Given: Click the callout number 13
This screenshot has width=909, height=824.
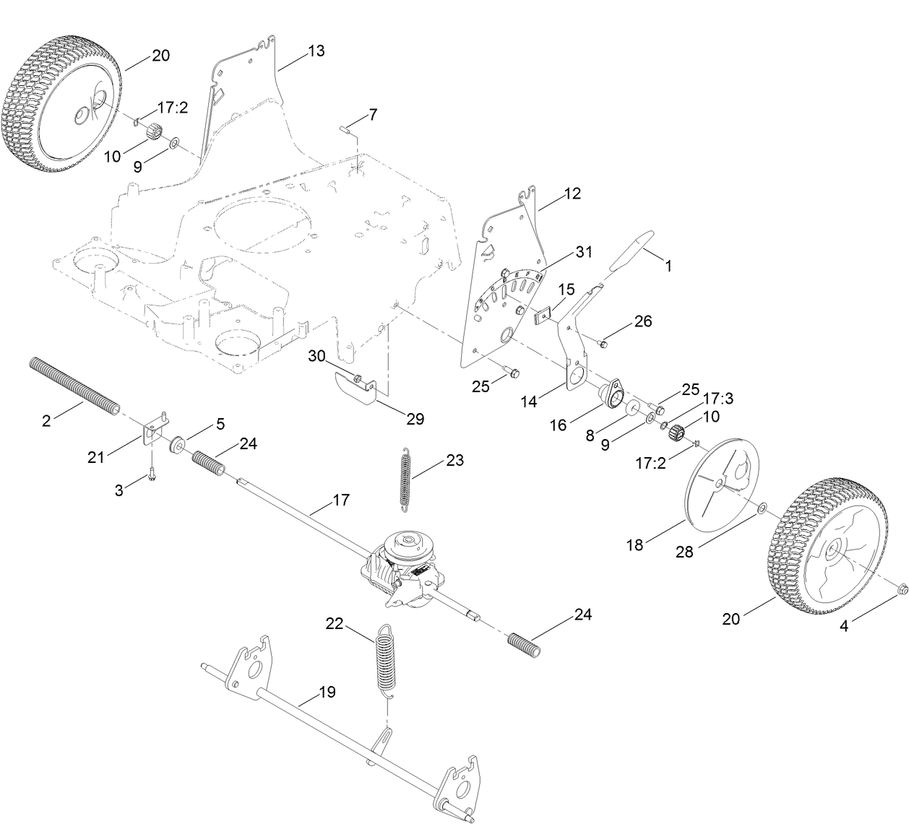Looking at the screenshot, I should [x=316, y=51].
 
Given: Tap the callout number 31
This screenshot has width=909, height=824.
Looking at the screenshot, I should [x=583, y=252].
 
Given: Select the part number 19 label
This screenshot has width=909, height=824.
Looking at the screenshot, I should [x=327, y=692].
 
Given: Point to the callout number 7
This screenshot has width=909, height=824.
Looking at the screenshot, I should [x=372, y=114].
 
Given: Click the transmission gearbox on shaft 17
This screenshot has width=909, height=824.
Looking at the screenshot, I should [x=402, y=567].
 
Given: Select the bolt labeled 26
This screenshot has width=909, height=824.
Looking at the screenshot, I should [x=603, y=343].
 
